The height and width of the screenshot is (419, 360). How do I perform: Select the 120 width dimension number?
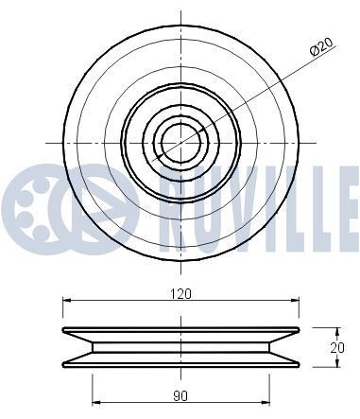pos(180,293)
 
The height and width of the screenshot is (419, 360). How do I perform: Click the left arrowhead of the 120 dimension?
pos(67,301)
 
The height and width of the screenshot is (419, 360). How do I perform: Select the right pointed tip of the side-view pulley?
pos(299,331)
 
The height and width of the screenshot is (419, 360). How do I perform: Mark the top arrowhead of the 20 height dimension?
pos(336,330)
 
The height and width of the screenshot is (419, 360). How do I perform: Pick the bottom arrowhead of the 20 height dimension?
pos(336,365)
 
